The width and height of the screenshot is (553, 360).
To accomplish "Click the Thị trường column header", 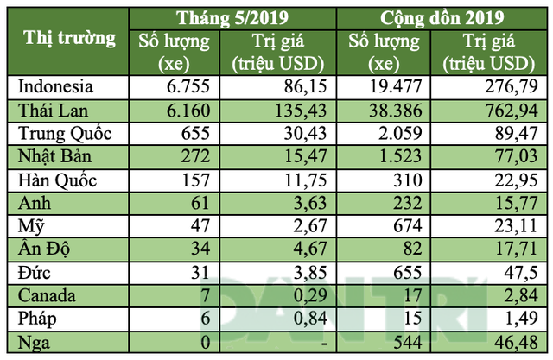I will pos(69,39).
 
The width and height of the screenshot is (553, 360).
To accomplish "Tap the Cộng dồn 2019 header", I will pos(444,15).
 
